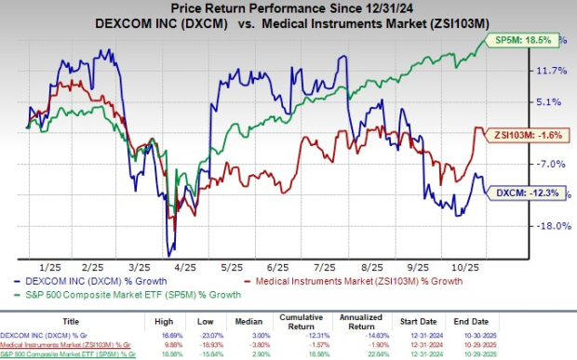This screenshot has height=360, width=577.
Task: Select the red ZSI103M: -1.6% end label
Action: pos(517,132)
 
